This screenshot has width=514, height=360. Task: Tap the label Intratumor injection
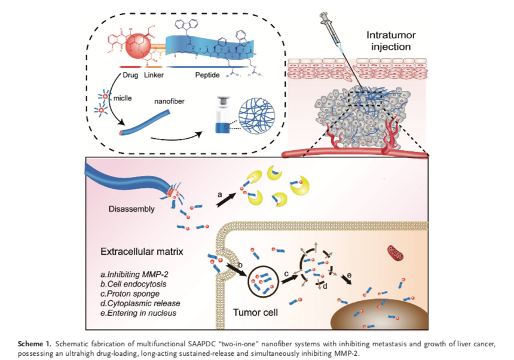390,39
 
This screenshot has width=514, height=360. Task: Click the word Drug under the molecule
131,75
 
